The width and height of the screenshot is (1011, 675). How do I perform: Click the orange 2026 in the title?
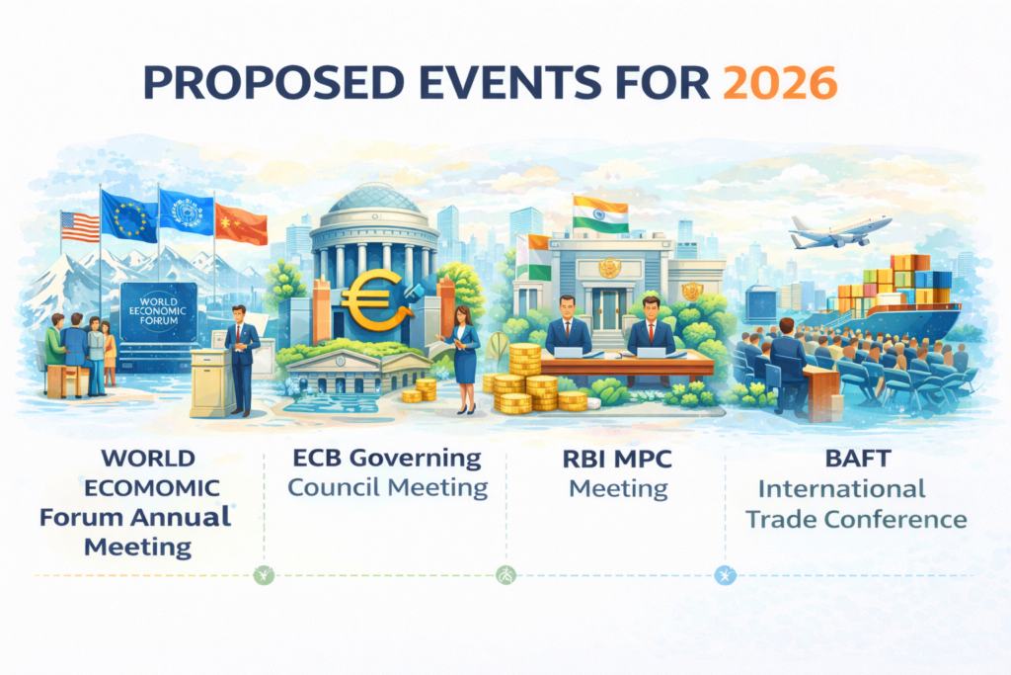coord(780,83)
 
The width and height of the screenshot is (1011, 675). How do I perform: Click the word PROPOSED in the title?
coord(274,83)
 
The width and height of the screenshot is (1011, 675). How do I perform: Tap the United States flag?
coord(80,226)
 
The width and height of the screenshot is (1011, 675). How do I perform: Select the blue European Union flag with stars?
coord(129,215)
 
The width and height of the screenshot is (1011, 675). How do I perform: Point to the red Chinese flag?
coord(241,224)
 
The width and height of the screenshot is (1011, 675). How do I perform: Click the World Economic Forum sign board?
coord(159,311)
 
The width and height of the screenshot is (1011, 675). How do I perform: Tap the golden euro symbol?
coord(373,298)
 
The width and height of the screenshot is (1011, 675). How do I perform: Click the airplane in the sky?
coord(839,231)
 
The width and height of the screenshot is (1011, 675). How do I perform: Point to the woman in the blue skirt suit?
coord(464,360)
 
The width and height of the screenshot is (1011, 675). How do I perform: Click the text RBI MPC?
coord(617,459)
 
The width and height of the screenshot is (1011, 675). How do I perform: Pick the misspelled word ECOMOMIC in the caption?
coord(152,488)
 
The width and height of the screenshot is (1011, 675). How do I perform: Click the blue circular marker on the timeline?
coord(726,575)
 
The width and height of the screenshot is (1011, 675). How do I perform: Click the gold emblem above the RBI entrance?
coord(608,267)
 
